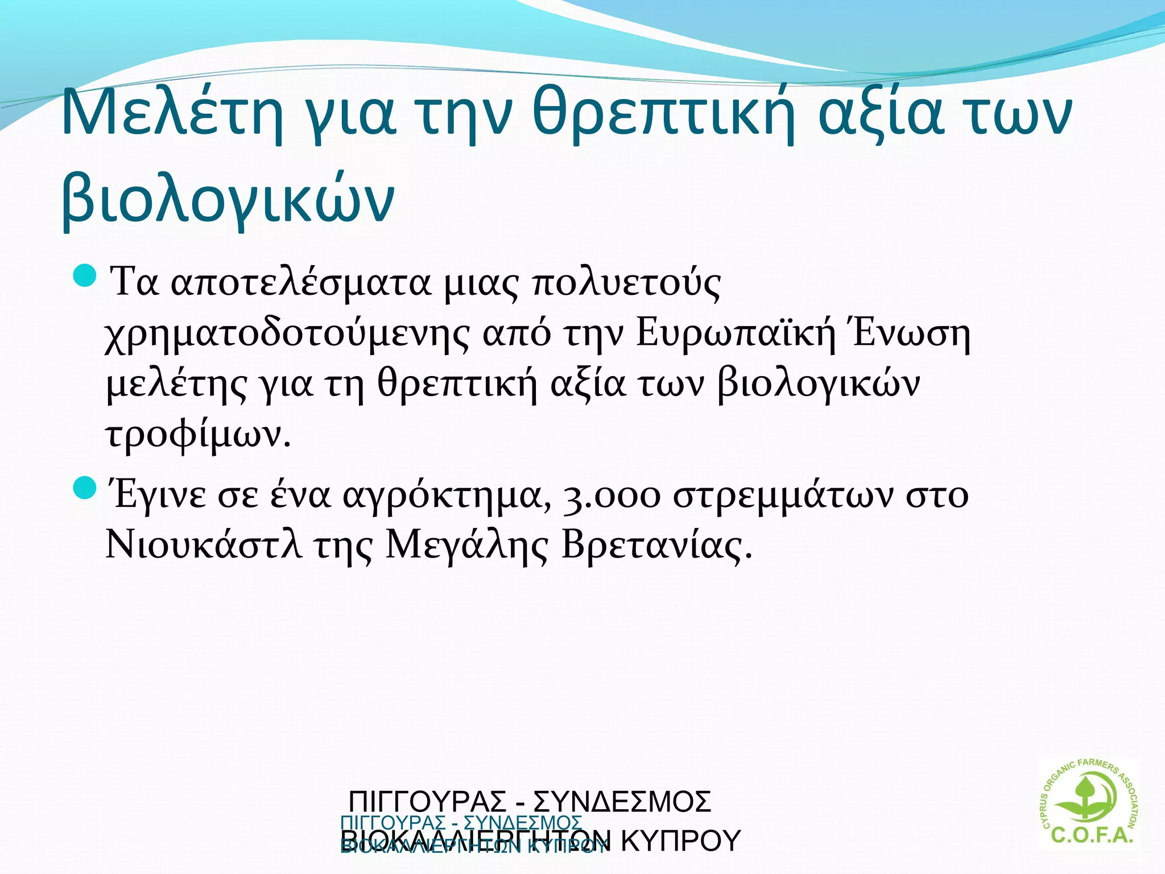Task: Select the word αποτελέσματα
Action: point(301,283)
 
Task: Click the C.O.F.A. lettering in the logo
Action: point(1092,835)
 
